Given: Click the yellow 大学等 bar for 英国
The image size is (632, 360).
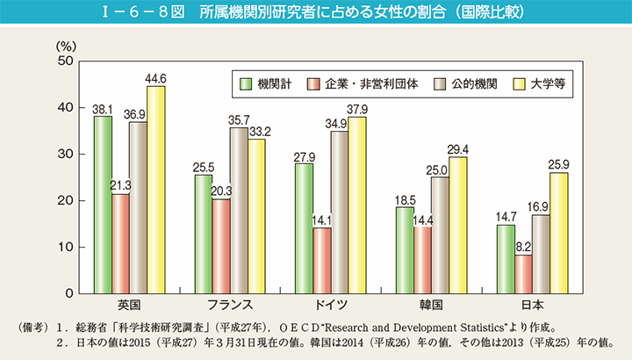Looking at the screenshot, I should coord(155,189).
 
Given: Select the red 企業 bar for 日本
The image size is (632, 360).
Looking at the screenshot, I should coord(524,273).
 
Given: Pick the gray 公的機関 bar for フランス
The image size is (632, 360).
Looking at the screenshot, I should coord(239,209).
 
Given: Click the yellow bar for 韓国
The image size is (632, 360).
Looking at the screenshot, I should coord(457,225).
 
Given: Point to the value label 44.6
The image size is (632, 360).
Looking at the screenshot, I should coord(155,78).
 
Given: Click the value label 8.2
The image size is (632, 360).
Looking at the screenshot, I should coord(524,248).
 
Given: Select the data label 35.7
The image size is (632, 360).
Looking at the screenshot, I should coord(239,120).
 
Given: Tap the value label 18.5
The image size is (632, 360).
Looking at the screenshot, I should coord(405,200).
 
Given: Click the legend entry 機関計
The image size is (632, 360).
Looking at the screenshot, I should coord(261,84).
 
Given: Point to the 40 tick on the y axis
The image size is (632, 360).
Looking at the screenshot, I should coord(65,108).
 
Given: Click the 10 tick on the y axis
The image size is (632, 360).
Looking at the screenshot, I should coord(65,248).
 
